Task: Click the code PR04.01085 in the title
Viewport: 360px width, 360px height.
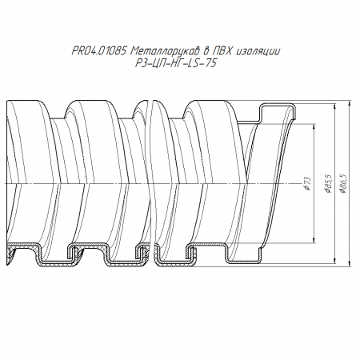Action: (99, 51)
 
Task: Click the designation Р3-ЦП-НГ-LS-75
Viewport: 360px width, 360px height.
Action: (175, 63)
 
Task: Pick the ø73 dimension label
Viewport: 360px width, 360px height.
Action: (307, 184)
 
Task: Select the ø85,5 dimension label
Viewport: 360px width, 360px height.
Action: (328, 183)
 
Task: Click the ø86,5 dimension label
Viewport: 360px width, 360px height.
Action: (343, 183)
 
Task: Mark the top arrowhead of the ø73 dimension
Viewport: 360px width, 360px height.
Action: (314, 127)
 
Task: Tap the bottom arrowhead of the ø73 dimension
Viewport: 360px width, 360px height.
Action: (314, 240)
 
